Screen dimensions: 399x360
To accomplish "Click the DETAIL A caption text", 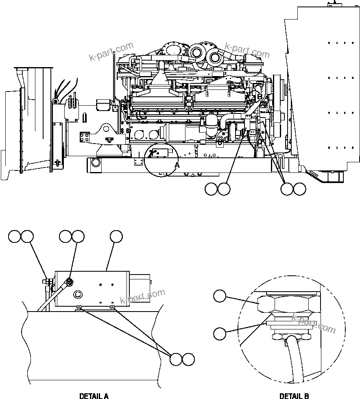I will (x=94, y=396).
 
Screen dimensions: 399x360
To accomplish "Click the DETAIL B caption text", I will (x=294, y=396).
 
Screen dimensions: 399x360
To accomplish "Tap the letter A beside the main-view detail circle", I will (x=177, y=165).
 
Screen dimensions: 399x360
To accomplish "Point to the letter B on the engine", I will (x=260, y=96).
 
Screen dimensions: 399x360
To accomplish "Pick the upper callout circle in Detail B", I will (x=220, y=297).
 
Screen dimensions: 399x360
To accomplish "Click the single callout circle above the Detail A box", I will (x=116, y=236).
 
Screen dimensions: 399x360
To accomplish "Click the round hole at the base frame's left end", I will (x=96, y=163).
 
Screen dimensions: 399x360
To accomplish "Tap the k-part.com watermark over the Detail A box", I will (x=142, y=297).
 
